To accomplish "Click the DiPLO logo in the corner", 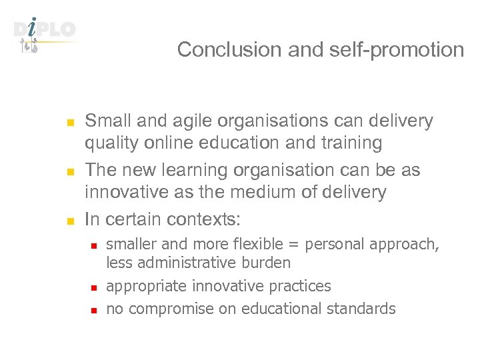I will pyautogui.click(x=45, y=33).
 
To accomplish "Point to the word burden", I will pyautogui.click(x=270, y=263).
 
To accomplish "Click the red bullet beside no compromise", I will pyautogui.click(x=95, y=310).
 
